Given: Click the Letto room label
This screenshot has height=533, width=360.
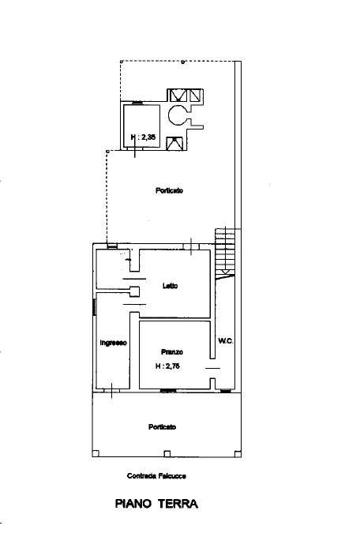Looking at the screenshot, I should point(170,286).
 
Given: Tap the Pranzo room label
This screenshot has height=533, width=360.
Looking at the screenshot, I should point(172,351).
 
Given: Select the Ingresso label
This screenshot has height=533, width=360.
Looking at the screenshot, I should point(114,343).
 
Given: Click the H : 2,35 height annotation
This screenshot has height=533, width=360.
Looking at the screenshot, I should point(143,138).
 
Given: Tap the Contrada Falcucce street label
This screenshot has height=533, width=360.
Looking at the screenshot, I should point(156,475).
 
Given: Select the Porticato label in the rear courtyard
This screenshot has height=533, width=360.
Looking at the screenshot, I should point(169,190).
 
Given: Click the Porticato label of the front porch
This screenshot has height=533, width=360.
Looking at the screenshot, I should point(162,427).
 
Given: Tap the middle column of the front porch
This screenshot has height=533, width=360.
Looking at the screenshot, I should point(166,453).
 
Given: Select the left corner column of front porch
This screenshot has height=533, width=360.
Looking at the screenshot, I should point(95,453).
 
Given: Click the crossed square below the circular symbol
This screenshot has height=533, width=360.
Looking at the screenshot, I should point(174,143).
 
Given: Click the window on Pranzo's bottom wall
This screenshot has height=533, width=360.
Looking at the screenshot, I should point(167,390).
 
